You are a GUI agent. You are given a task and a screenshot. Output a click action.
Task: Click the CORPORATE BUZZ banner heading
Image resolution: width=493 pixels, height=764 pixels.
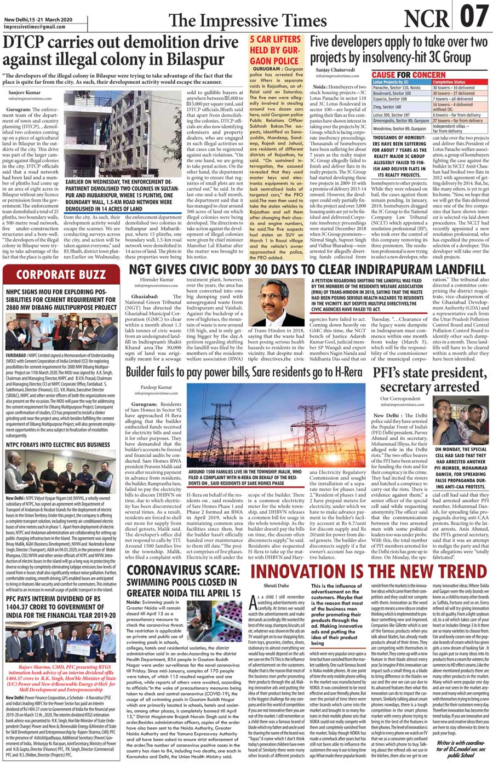pos(60,275)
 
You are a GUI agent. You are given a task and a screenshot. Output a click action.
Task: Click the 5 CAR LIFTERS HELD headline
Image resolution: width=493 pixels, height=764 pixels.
pos(276,49)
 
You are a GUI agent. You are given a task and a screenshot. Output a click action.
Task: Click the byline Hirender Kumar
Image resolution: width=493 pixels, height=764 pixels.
pos(156,279)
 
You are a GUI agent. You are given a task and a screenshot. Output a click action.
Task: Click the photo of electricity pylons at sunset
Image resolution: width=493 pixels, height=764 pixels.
pos(248,433)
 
